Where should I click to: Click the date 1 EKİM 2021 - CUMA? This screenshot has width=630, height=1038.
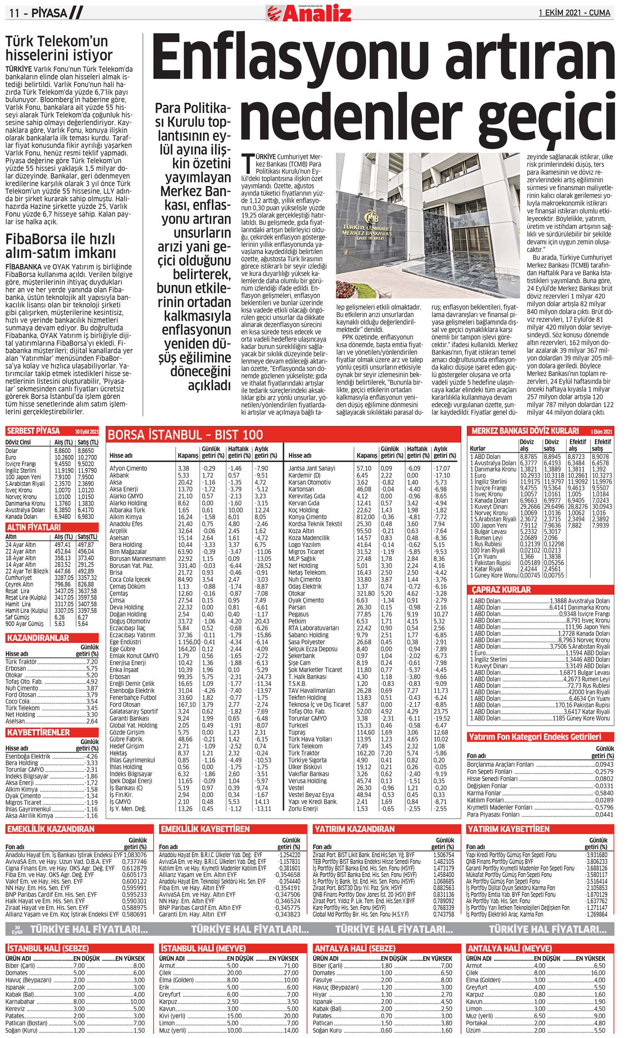[574, 13]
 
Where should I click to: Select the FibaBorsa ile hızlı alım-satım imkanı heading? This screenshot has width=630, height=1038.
[61, 246]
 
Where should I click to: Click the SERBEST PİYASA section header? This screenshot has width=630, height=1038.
[33, 431]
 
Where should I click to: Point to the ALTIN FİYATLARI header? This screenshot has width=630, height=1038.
[33, 527]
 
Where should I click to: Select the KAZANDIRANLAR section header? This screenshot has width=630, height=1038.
[38, 638]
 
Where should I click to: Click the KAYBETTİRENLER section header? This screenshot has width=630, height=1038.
[38, 732]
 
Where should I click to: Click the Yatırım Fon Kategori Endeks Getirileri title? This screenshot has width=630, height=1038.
[535, 737]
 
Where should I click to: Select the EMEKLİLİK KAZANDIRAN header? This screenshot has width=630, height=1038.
[51, 829]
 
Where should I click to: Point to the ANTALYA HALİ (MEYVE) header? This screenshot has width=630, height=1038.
[509, 948]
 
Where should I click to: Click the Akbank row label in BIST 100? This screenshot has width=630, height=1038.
[119, 476]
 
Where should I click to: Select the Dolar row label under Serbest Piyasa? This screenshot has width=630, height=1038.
[12, 451]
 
